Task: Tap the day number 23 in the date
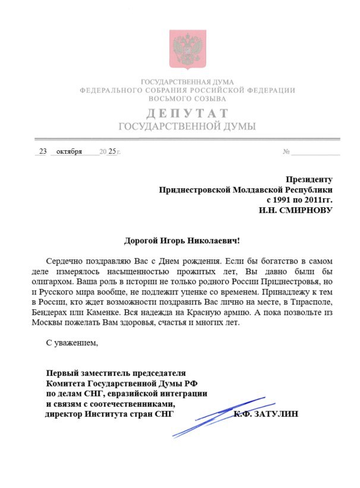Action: tap(43, 151)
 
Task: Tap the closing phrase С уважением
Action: tap(71, 343)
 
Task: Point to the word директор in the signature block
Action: tap(65, 414)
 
